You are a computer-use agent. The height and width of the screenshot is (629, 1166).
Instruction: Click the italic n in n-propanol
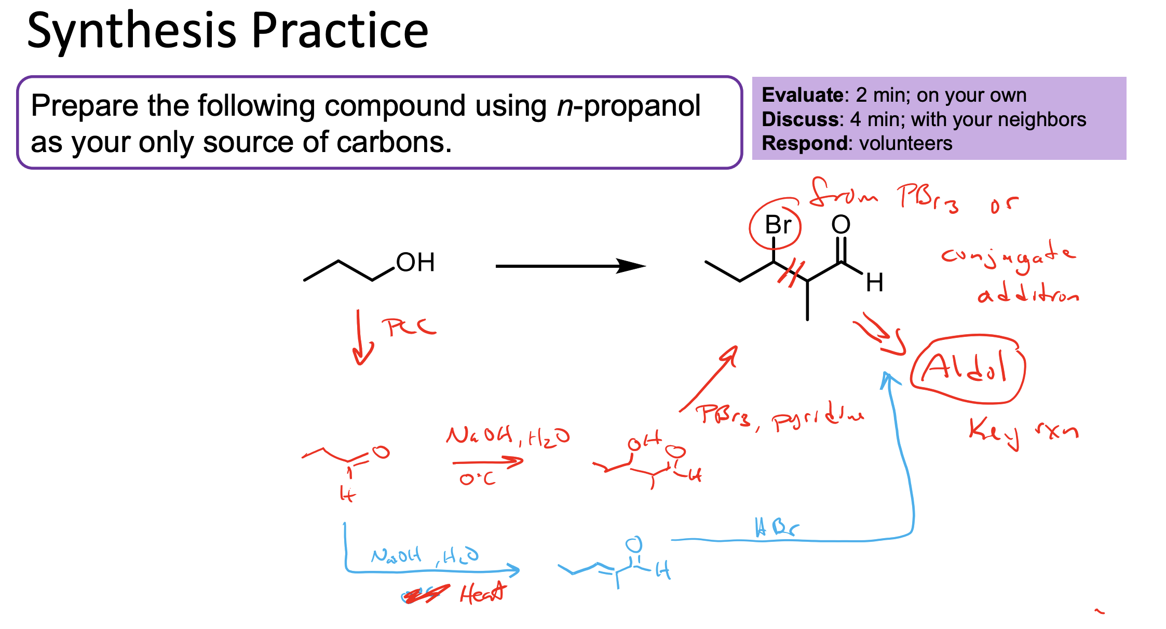[565, 106]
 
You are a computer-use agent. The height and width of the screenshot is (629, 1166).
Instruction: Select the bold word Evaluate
[802, 95]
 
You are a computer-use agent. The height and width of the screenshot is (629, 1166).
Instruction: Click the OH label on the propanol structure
[415, 263]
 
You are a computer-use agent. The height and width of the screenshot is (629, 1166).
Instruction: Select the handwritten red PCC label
[409, 327]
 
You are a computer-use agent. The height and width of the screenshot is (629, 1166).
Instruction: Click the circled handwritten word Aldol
[967, 368]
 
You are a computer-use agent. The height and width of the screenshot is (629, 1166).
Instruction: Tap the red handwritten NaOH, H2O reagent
[507, 436]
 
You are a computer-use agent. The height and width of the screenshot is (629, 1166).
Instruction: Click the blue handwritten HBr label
[777, 528]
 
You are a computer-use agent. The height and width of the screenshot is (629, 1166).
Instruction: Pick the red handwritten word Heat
[482, 593]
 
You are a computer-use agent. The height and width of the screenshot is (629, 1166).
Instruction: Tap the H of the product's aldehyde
[874, 283]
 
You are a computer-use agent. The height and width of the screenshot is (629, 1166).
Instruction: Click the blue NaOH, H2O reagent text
[424, 556]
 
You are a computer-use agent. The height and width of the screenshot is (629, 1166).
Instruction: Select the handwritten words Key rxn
[1023, 432]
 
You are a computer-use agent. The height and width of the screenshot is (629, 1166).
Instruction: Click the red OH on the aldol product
[643, 442]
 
